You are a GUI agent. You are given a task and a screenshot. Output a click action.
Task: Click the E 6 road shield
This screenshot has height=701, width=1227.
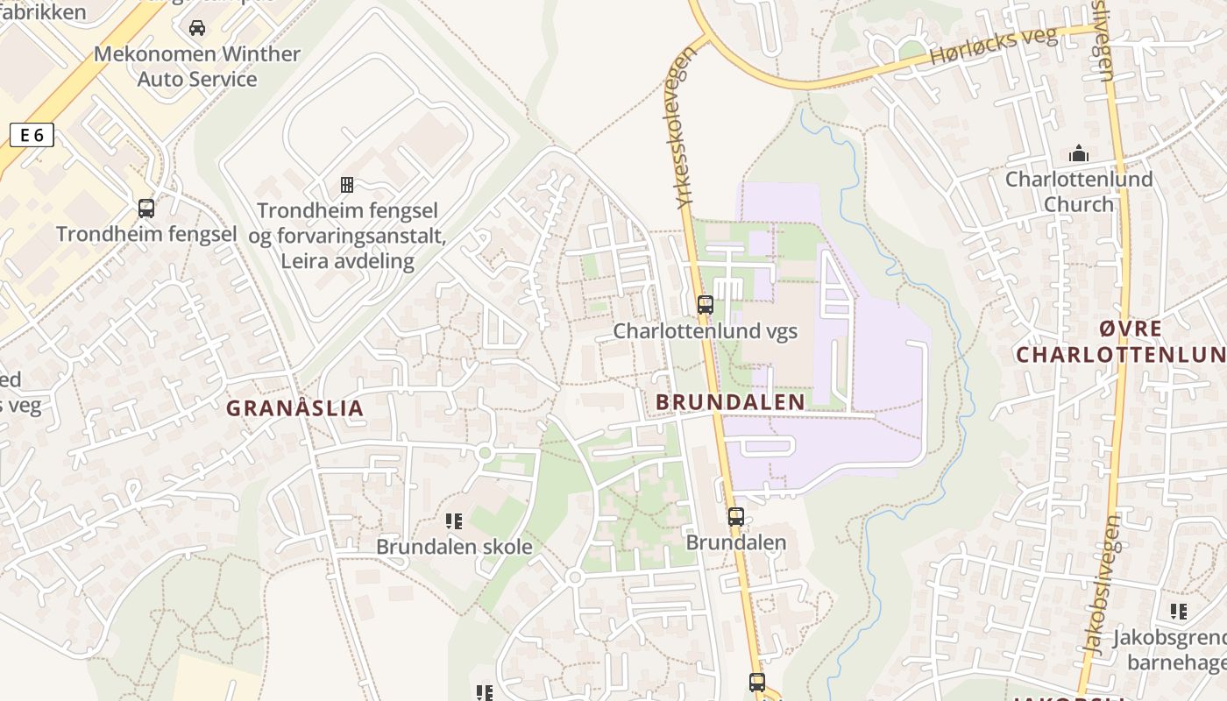[x=32, y=135]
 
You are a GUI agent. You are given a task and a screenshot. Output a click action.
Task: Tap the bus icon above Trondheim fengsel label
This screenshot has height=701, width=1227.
[x=146, y=209]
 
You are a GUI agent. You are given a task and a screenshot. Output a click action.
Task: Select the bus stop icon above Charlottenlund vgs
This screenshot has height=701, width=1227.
[x=705, y=305]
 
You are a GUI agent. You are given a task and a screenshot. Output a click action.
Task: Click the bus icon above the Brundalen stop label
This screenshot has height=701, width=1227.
[x=736, y=517]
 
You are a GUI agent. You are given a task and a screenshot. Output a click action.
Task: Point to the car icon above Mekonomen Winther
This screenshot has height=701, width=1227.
[x=197, y=28]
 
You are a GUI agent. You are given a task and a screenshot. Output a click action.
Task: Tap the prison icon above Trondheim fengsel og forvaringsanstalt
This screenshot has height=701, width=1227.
[x=347, y=185]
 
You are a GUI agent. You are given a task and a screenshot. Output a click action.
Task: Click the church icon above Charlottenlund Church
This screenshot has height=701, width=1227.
[x=1078, y=154]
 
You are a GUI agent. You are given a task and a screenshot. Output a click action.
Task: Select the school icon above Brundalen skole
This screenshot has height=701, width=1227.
[x=454, y=521]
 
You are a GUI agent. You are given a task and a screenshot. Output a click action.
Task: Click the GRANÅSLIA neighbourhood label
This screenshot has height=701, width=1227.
[x=294, y=408]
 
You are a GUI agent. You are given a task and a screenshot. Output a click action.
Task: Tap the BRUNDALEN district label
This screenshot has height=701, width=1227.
[x=730, y=402]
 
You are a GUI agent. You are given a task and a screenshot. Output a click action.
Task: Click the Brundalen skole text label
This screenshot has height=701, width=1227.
[x=454, y=547]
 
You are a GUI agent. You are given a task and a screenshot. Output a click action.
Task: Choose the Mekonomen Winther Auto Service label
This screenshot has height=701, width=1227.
[x=197, y=67]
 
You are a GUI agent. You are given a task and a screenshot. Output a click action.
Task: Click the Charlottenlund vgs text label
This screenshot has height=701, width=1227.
[x=705, y=331]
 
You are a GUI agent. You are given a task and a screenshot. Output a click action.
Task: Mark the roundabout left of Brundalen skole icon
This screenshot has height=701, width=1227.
[x=485, y=453]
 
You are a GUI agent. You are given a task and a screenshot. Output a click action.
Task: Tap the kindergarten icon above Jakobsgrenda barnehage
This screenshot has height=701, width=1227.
[x=1178, y=612]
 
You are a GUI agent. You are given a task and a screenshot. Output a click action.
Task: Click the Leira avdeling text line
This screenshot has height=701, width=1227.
[x=347, y=261]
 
